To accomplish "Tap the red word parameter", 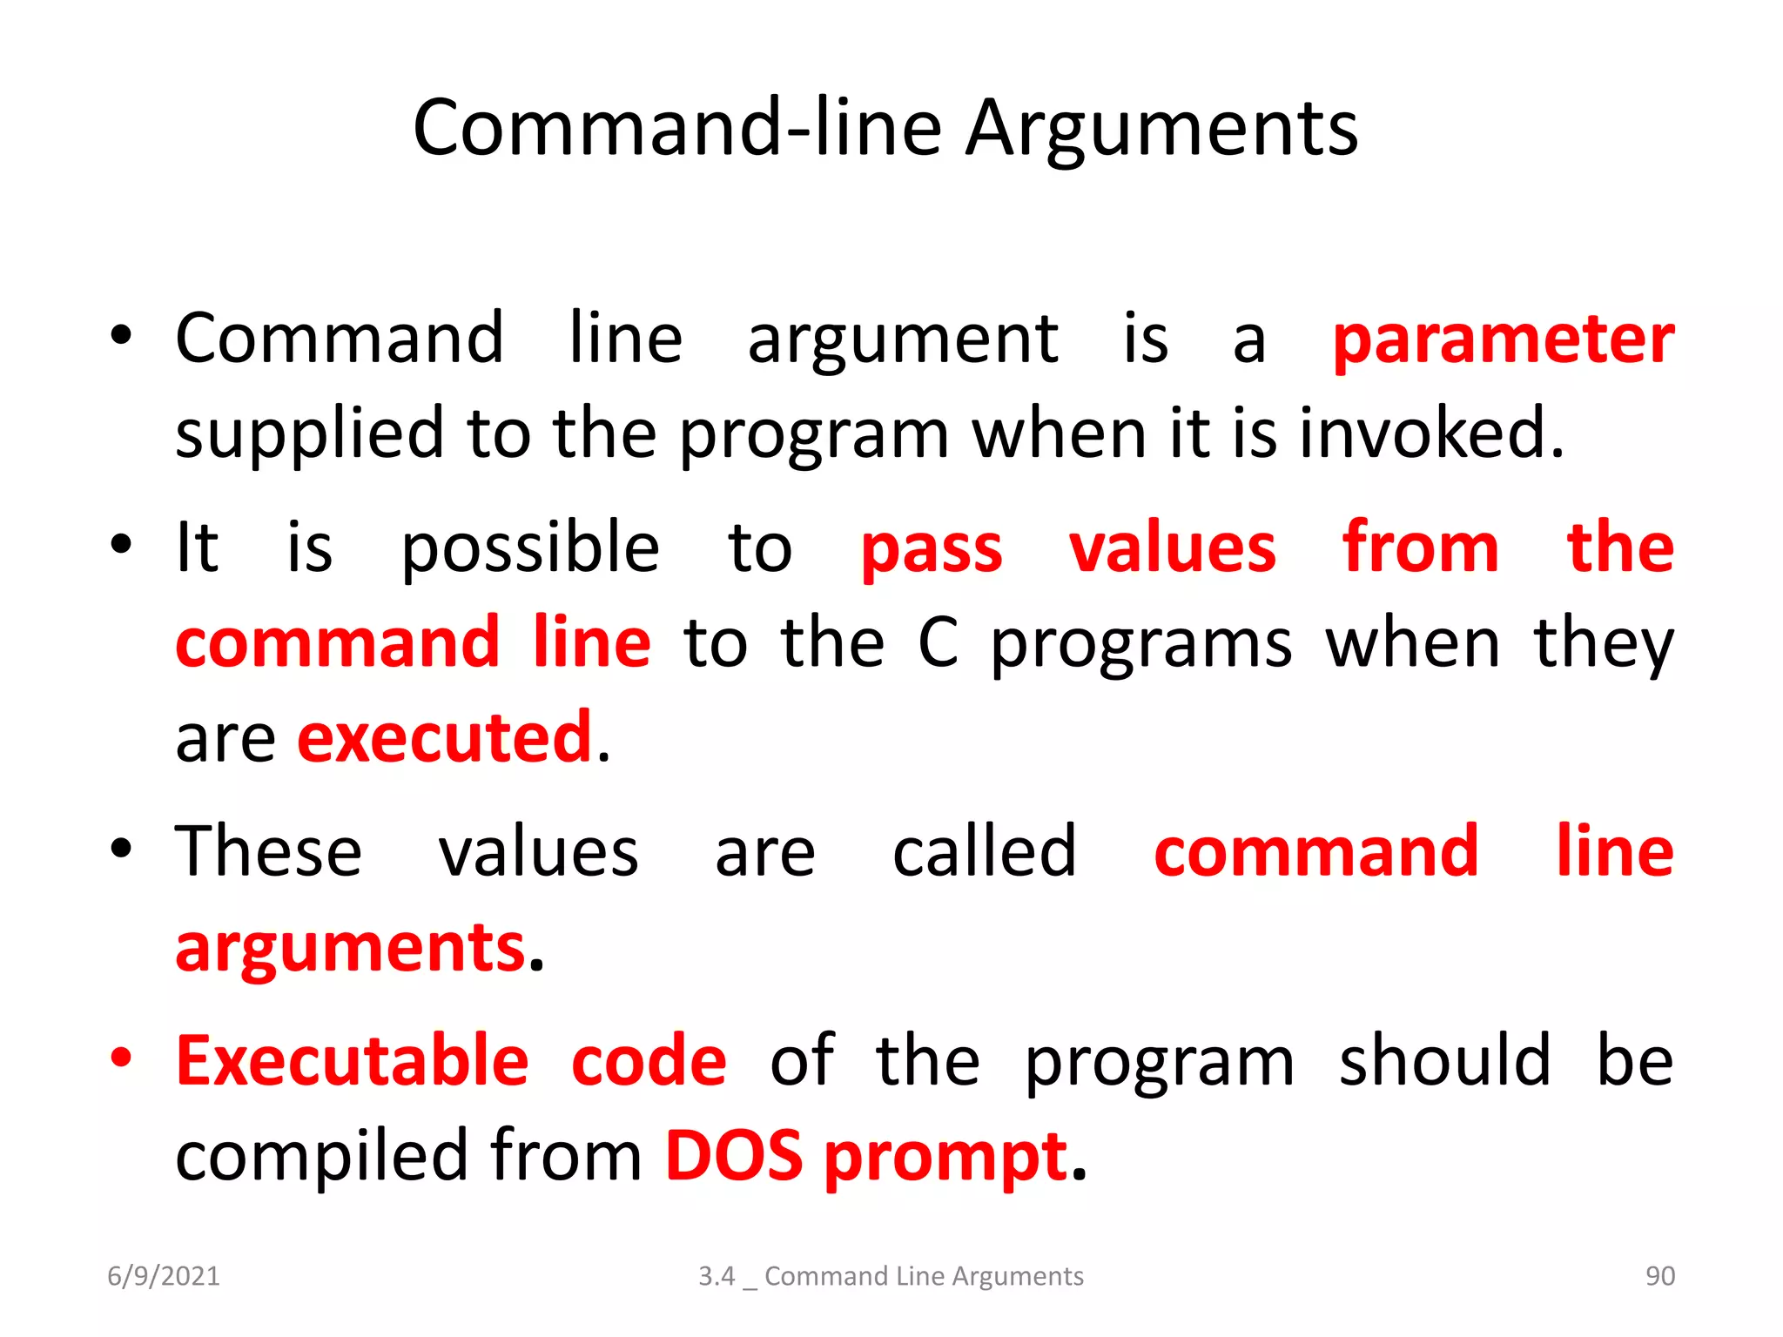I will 1504,339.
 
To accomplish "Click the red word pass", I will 932,550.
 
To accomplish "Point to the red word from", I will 1420,548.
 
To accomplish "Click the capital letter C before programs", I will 939,643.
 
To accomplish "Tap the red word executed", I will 445,737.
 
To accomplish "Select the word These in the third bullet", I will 268,850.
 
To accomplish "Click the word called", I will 984,850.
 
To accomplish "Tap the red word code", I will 649,1062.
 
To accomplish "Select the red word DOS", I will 734,1156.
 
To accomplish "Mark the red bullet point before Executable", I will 121,1058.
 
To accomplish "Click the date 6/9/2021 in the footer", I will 164,1276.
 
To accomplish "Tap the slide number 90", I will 1659,1276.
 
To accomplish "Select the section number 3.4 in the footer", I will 717,1276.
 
